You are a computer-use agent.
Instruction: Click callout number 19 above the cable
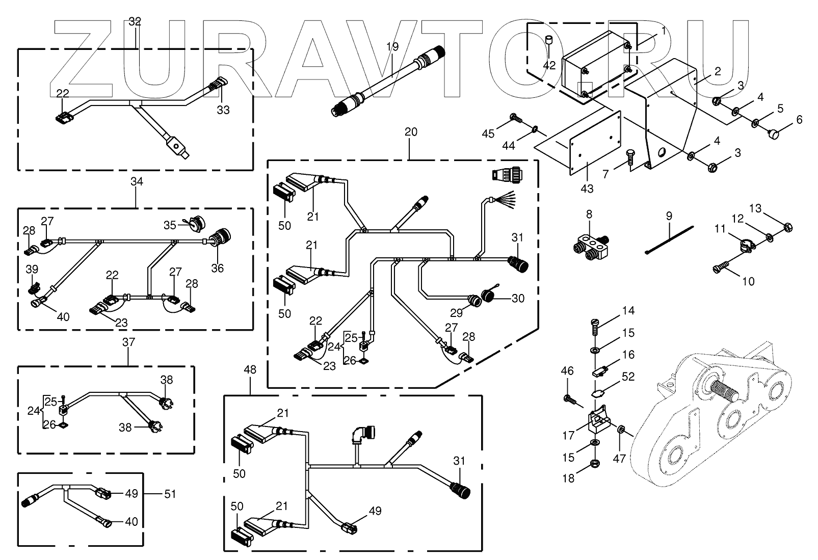tap(391, 47)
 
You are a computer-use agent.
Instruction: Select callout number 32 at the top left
tap(135, 21)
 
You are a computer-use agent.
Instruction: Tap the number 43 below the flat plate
tap(587, 189)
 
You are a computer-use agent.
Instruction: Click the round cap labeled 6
tap(776, 135)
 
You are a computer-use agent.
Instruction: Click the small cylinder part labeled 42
tap(549, 40)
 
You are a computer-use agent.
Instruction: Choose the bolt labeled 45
tap(514, 119)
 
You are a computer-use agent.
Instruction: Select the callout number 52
tap(628, 376)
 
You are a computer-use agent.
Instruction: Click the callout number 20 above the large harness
tap(411, 132)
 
